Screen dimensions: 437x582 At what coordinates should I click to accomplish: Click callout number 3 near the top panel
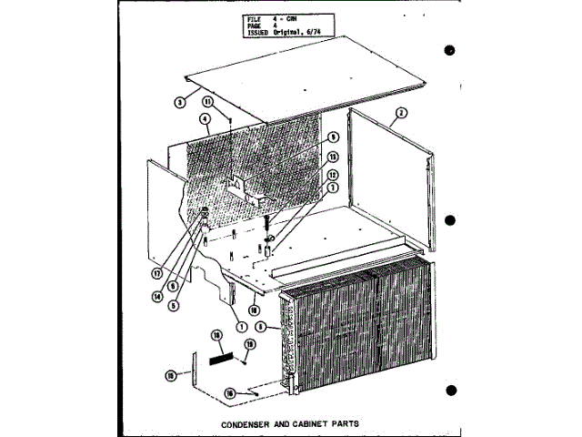[180, 103]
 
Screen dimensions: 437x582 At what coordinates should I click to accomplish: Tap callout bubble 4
[206, 118]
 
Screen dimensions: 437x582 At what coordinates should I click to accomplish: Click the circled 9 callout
[333, 137]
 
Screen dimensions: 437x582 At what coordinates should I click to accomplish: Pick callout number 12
[333, 174]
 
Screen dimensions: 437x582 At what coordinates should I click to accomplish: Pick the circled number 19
[249, 343]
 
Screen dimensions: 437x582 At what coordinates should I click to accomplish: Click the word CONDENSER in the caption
[248, 423]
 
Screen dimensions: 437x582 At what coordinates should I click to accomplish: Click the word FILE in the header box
[254, 17]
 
